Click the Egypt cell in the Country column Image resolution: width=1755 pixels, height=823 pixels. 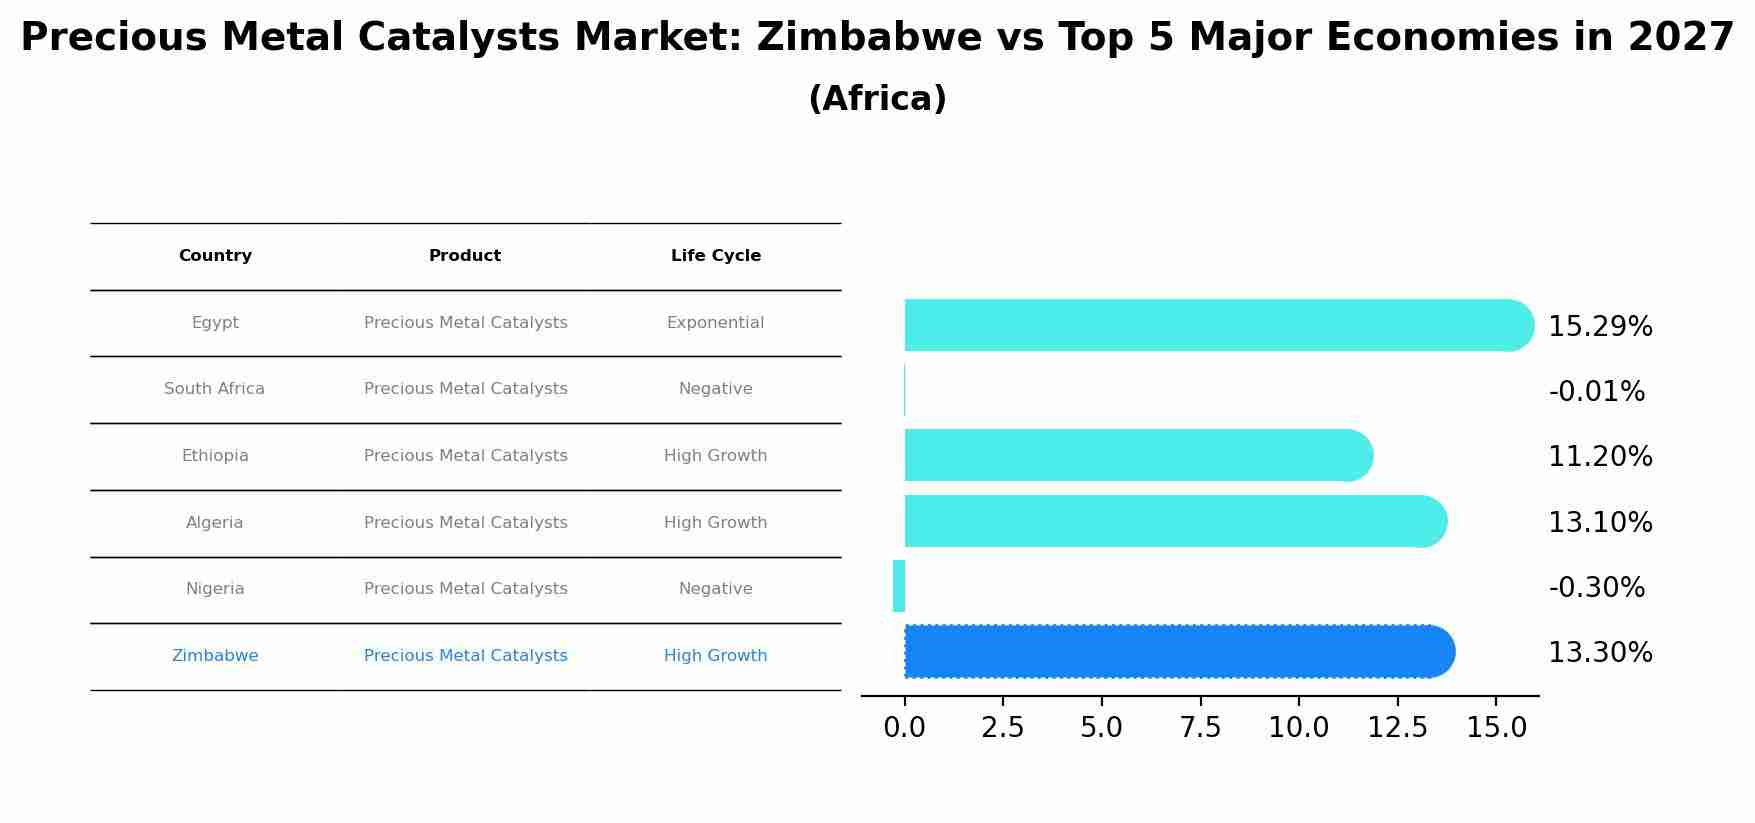[215, 323]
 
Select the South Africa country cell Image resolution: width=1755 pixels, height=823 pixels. [214, 389]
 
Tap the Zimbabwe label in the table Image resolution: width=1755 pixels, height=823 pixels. [215, 656]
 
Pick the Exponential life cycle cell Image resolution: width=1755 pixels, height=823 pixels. [715, 323]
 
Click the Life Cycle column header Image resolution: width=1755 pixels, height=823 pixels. [715, 256]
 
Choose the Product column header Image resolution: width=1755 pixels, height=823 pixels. [465, 256]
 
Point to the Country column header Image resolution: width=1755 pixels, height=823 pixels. [215, 256]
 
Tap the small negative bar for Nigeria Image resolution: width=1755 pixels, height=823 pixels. [899, 586]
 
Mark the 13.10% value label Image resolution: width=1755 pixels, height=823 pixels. [1600, 522]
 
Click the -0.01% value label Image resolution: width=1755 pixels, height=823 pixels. [1596, 392]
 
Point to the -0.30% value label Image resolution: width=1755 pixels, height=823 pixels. [1596, 588]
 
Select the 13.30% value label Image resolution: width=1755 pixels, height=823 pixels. [1600, 653]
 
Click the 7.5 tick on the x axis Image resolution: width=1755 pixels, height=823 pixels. [1200, 728]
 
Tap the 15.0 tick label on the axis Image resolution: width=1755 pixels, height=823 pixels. [1496, 728]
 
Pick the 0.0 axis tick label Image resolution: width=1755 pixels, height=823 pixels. [904, 728]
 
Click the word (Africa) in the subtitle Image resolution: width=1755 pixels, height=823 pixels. [877, 99]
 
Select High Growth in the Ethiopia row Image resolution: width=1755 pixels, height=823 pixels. [715, 456]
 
